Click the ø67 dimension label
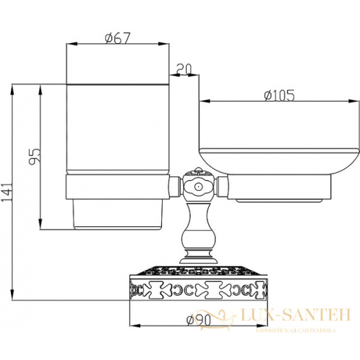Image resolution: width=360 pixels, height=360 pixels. (118, 38)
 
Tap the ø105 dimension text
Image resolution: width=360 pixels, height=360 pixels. (279, 95)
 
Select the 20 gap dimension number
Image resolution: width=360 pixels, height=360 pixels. (184, 70)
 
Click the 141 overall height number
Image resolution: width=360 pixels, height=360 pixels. (7, 192)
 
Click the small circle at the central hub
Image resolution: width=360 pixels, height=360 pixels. (197, 187)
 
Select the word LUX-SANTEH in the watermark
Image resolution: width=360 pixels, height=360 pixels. (296, 314)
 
